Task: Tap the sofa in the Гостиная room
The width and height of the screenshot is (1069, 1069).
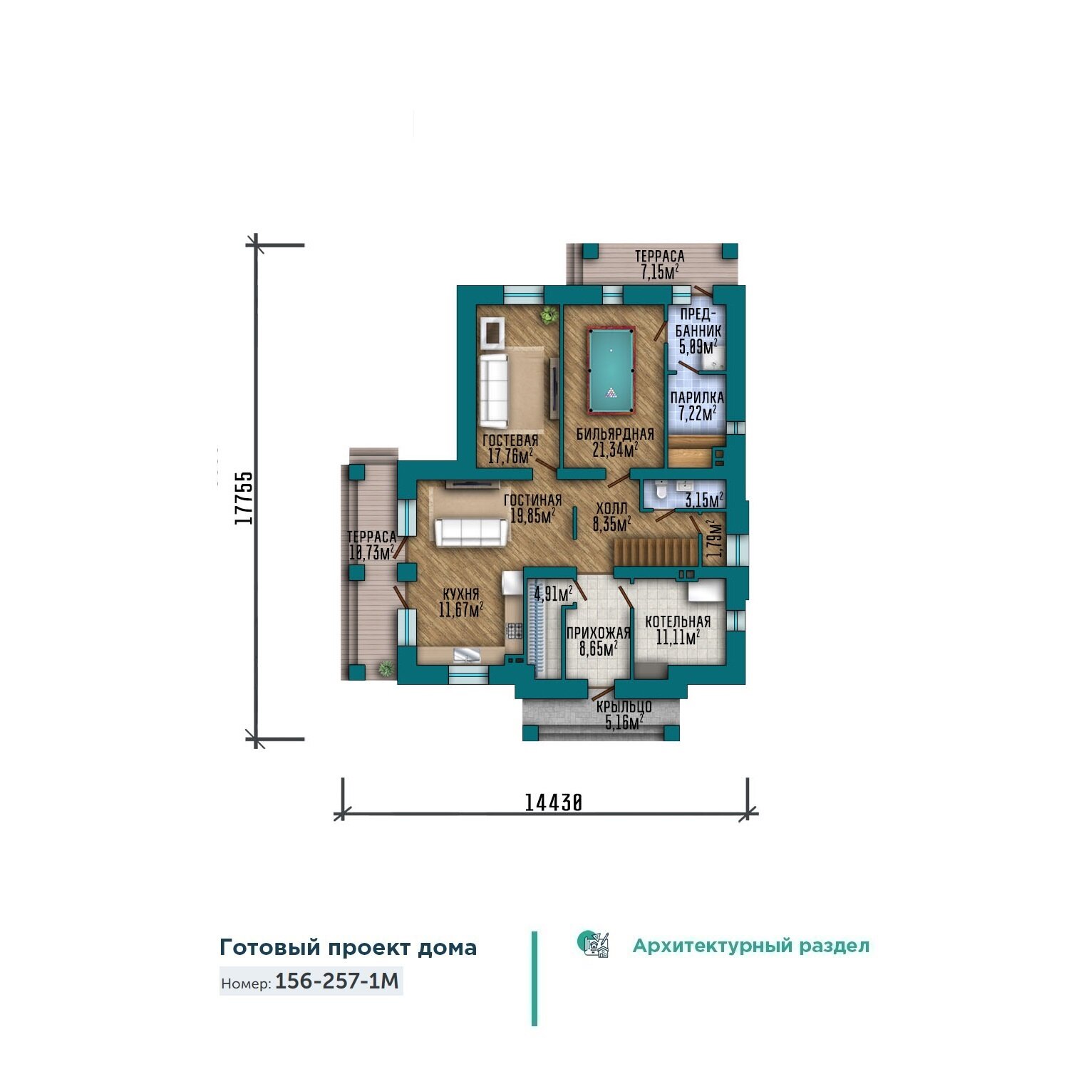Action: click(472, 532)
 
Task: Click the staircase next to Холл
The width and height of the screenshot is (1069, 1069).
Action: click(655, 552)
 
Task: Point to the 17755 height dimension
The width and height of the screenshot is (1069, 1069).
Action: click(244, 497)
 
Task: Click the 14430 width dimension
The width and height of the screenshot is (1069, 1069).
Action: click(554, 802)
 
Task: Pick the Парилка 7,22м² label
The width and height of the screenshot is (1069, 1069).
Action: click(696, 406)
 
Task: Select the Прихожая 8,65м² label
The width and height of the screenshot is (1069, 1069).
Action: click(599, 640)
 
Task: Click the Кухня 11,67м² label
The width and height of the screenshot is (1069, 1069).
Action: click(460, 601)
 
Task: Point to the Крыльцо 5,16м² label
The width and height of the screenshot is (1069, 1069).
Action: click(624, 715)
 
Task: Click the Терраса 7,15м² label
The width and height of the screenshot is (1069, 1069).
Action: click(659, 264)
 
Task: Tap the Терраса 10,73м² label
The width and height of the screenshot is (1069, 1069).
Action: click(371, 545)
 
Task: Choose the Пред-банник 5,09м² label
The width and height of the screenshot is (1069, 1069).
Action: click(698, 331)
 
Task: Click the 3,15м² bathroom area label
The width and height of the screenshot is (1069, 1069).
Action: click(704, 500)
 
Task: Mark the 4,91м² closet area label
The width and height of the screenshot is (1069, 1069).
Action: click(554, 593)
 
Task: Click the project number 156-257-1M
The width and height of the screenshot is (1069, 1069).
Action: click(337, 981)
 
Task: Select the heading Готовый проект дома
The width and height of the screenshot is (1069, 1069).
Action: click(348, 948)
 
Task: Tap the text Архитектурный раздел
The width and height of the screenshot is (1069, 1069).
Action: click(751, 946)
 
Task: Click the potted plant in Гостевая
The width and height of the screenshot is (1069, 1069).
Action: click(549, 315)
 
